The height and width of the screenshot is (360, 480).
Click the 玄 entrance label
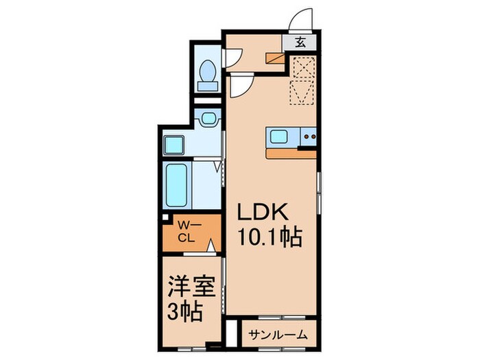point(301,41)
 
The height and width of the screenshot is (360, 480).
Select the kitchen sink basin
point(280,136)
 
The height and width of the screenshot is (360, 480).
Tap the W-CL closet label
point(187,232)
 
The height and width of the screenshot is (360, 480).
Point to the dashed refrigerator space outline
point(302,81)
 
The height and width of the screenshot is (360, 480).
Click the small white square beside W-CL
point(166,219)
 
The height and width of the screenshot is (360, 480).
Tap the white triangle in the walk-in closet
point(212,245)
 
